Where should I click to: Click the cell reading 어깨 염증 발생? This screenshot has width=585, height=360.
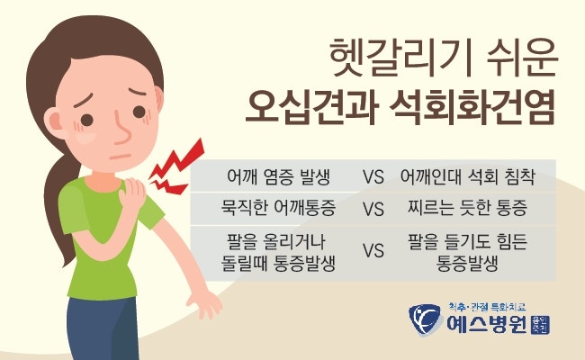279,176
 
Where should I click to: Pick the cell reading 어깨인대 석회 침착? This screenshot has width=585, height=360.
467,176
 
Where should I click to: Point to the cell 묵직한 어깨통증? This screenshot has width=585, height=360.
278,208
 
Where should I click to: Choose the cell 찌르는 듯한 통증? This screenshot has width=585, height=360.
467,208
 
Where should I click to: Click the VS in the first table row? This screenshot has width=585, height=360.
373,176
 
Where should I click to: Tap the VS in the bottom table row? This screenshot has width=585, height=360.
373,251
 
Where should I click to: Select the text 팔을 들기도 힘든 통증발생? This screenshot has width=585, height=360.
467,253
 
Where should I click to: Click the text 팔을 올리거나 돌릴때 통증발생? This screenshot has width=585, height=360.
278,253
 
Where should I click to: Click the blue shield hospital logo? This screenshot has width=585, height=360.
426,319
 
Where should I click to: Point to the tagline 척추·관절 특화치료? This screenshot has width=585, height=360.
487,307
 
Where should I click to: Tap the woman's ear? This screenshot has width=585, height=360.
55,121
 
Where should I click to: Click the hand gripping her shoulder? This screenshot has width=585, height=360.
131,194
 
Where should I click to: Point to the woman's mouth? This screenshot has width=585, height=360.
120,157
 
